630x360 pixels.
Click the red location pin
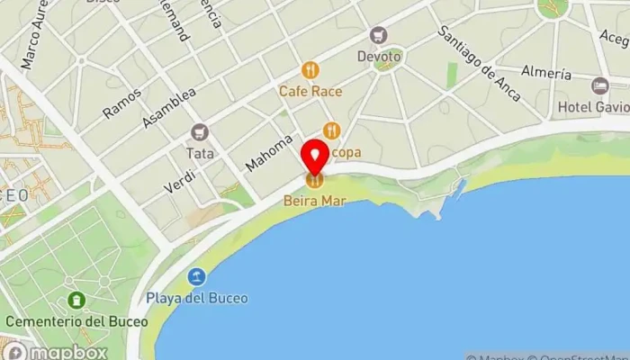(315, 157)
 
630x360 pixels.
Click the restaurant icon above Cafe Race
(310, 69)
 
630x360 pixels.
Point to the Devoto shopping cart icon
(379, 35)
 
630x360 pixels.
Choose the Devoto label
(379, 57)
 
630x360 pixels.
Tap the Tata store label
(200, 153)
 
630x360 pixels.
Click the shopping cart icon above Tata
(200, 132)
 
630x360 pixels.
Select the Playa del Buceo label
(197, 298)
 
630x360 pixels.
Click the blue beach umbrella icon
(197, 277)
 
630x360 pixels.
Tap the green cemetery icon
(76, 300)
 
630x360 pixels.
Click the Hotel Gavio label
(593, 107)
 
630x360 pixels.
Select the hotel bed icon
(600, 85)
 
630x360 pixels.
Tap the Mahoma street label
(269, 153)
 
